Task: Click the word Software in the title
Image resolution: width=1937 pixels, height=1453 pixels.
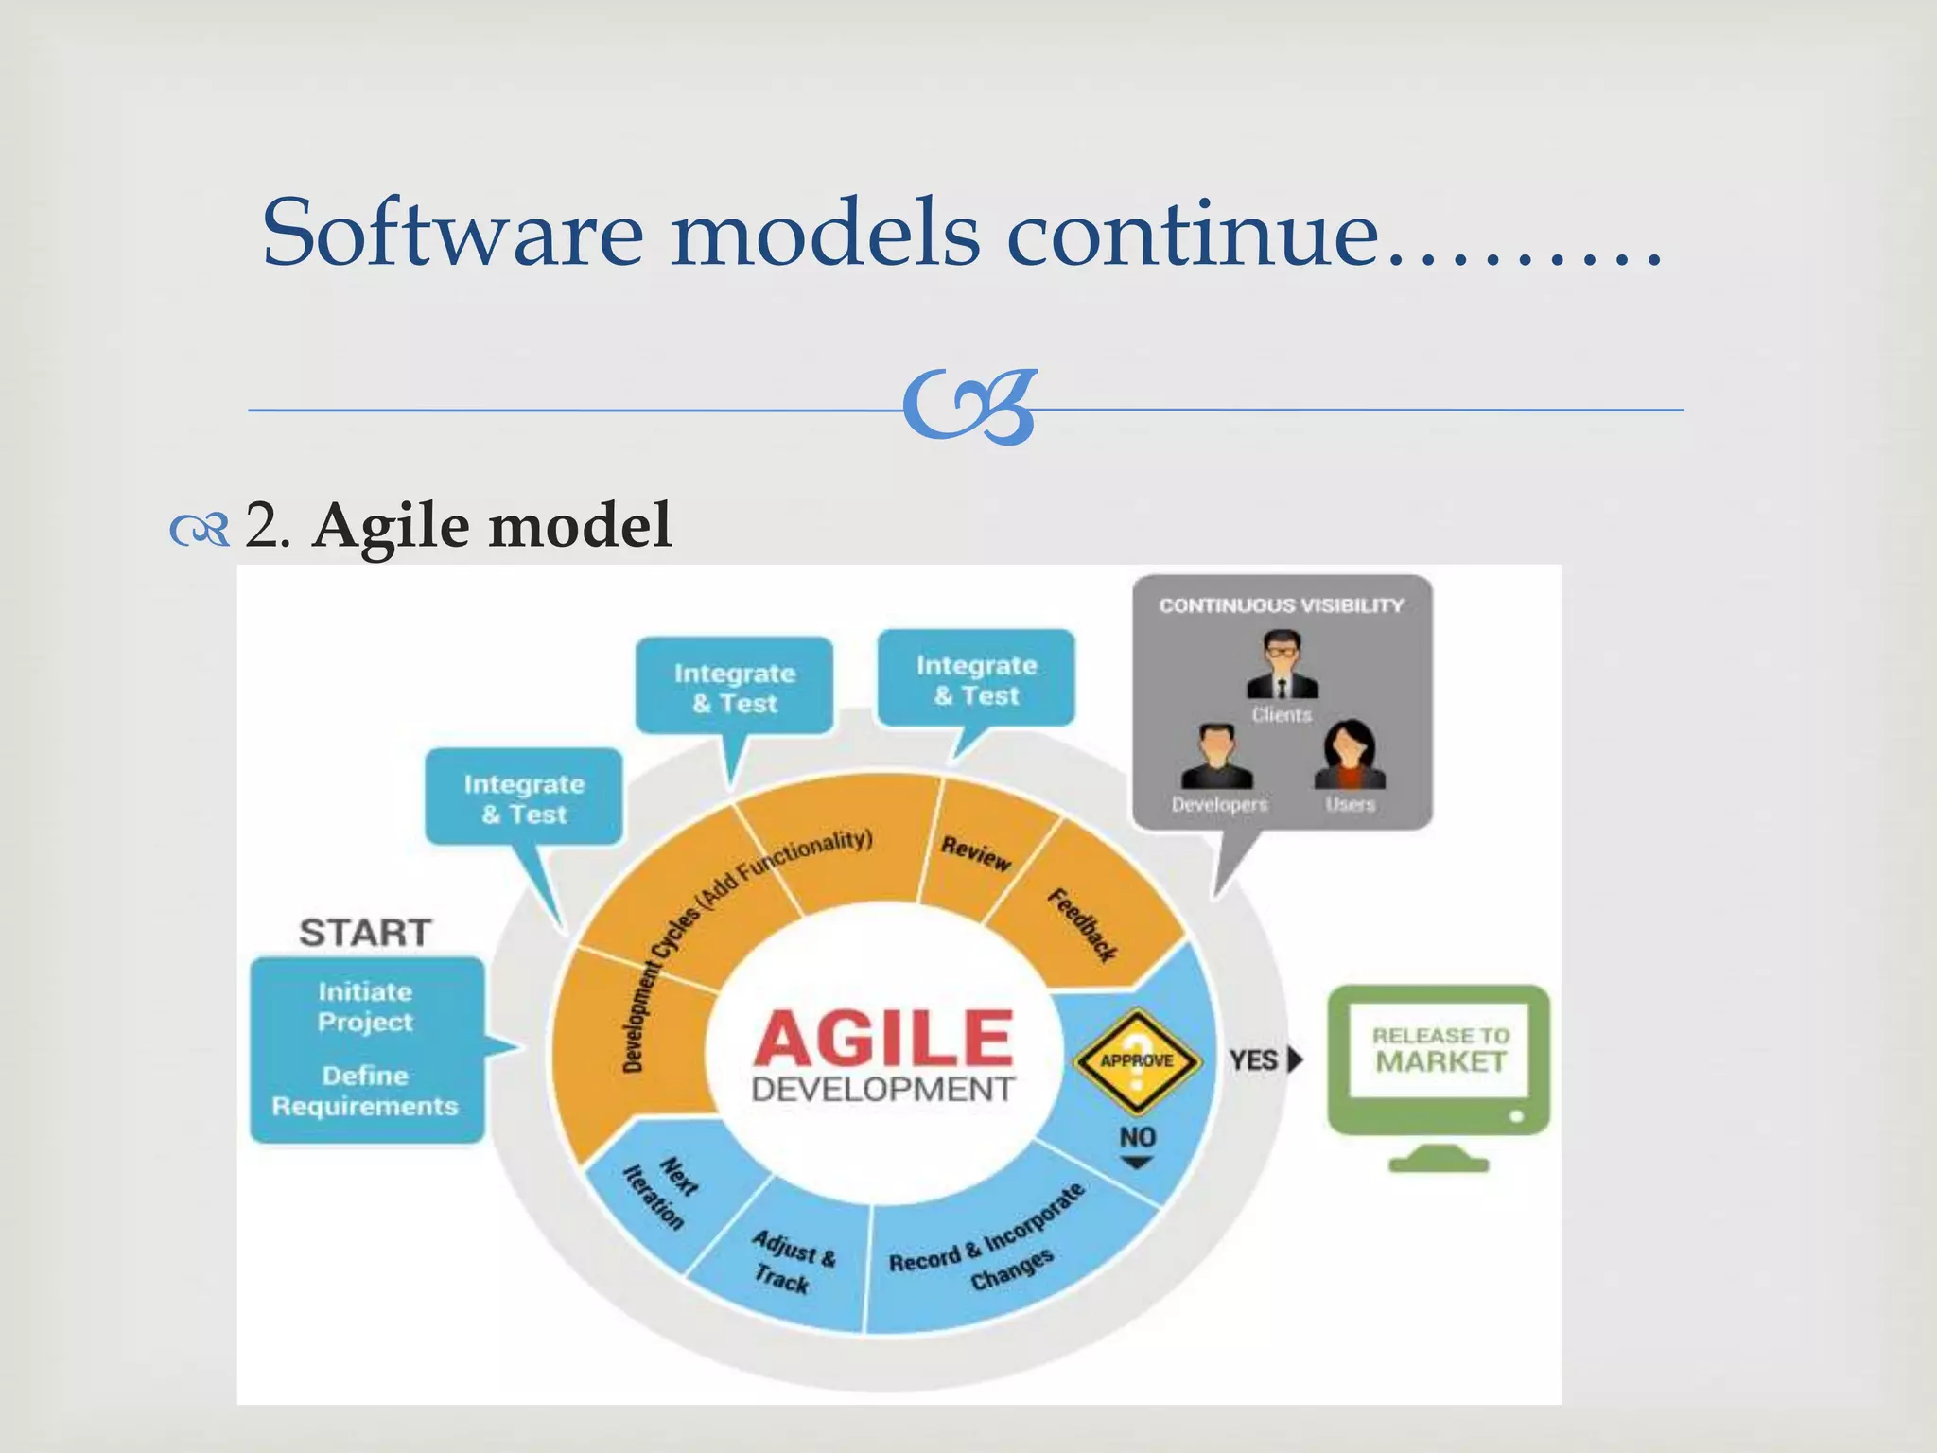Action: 452,233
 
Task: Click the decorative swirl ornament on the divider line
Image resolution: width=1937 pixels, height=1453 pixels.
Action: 968,408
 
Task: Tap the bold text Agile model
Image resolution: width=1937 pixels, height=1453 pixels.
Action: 492,526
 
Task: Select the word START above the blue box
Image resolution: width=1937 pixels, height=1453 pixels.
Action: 366,933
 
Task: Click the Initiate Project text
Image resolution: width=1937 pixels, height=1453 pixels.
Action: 366,1007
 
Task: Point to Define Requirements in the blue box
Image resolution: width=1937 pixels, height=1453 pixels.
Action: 366,1091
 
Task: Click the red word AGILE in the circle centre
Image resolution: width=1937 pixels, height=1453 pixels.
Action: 883,1039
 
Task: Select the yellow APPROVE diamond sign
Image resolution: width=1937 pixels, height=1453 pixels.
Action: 1137,1060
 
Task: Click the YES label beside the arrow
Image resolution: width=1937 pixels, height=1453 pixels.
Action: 1253,1060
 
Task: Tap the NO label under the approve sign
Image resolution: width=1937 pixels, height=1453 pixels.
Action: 1137,1137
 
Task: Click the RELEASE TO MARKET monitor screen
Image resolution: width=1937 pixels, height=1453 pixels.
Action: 1440,1051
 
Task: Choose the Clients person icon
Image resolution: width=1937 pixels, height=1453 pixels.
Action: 1282,667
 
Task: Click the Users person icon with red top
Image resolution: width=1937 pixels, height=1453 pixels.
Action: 1350,756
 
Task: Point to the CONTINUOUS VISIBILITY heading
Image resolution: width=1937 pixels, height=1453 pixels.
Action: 1282,605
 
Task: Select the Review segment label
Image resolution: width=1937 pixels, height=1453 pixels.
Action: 975,853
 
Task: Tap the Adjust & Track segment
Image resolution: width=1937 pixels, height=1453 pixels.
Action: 792,1261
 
